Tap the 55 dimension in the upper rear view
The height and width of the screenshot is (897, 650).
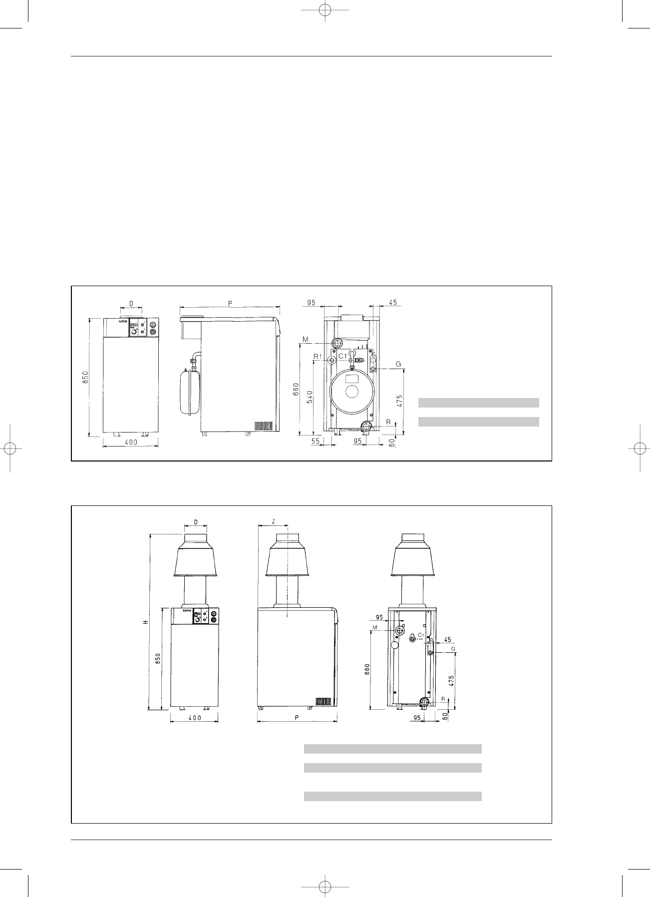(315, 442)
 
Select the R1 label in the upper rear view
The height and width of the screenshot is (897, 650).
(318, 356)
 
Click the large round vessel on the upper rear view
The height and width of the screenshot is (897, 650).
(351, 391)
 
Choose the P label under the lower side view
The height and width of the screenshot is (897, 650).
(296, 718)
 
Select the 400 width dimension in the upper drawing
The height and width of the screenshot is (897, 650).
(131, 442)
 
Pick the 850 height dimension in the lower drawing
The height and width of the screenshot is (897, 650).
(157, 659)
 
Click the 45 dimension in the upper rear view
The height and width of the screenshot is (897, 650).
(392, 302)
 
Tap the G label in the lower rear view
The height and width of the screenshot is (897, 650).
(453, 648)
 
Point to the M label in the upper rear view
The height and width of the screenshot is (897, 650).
(306, 340)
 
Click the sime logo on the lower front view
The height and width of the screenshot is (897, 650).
(187, 610)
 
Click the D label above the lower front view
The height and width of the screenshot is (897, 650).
(196, 521)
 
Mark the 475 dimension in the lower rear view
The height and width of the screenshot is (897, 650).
(452, 677)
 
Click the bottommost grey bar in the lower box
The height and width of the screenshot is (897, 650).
(392, 796)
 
